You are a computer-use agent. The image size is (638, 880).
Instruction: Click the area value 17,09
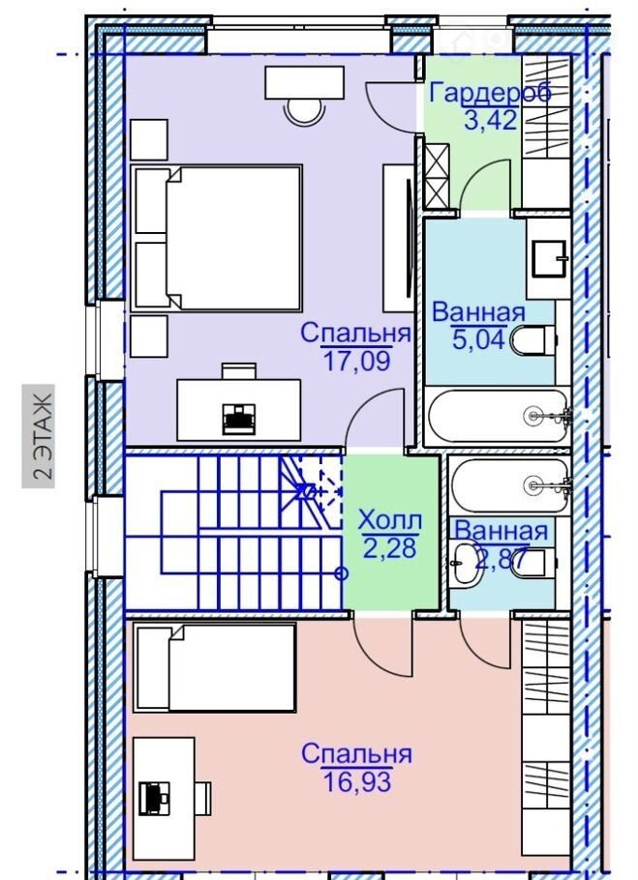[356, 361]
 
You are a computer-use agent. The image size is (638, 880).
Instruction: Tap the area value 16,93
[357, 781]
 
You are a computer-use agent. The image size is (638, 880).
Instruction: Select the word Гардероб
[490, 93]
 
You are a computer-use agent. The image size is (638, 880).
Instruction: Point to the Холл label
[390, 520]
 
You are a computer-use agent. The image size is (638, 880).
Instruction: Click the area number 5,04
[478, 340]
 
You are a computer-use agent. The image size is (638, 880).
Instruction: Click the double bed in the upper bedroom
[217, 238]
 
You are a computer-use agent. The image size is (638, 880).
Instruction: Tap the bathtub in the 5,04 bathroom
[499, 416]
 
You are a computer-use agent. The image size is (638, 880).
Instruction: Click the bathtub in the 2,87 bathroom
[509, 484]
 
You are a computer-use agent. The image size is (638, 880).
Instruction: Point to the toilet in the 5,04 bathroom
[533, 340]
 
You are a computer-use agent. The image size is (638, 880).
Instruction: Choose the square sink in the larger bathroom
[549, 259]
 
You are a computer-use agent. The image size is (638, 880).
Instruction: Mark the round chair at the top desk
[305, 110]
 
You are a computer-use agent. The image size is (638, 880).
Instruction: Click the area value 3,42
[490, 120]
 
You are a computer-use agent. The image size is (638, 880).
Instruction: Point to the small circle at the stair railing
[341, 573]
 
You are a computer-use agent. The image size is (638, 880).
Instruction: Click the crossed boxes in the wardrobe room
[437, 175]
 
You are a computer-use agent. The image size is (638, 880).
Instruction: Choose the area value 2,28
[390, 547]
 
